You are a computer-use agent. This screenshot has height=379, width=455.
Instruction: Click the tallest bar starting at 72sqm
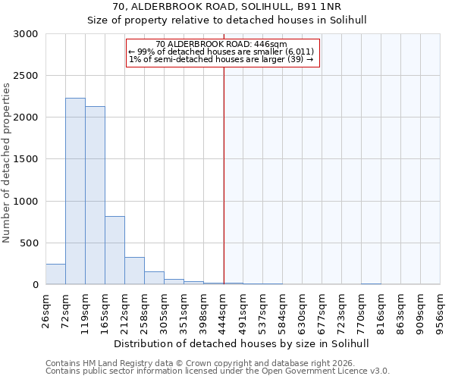click(x=75, y=191)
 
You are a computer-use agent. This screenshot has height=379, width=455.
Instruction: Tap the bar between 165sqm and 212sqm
click(x=115, y=250)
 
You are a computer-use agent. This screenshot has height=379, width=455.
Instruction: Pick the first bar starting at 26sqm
click(x=55, y=274)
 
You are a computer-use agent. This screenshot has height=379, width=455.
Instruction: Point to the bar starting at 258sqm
click(x=154, y=278)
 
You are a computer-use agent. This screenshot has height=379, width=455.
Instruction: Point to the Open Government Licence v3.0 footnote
click(x=218, y=371)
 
